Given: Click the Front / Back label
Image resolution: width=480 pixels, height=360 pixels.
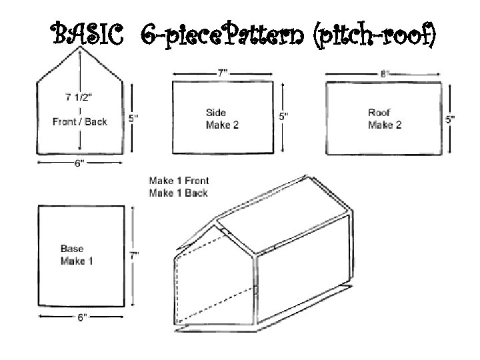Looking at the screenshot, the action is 80,121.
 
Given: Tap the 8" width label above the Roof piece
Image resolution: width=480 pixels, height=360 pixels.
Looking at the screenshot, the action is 385,73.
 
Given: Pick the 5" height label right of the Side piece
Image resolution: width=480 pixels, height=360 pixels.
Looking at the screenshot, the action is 284,117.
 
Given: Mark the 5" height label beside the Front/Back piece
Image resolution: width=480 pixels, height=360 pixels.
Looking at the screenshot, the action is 133,119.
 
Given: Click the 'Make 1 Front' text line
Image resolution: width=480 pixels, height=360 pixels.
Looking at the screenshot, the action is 179,181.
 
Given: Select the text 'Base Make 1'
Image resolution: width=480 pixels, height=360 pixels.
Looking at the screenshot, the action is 77,255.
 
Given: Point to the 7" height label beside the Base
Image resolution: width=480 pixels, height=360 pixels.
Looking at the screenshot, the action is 133,255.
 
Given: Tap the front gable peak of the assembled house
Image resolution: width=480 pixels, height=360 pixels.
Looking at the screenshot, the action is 217,220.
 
